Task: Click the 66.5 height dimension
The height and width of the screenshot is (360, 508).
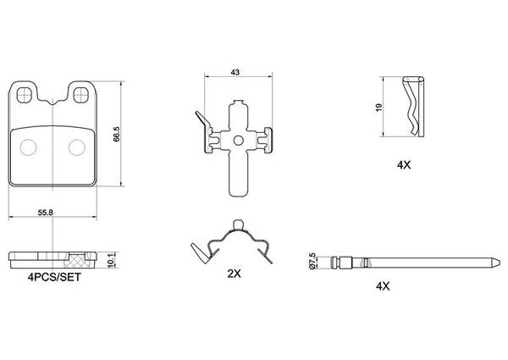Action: pyautogui.click(x=117, y=134)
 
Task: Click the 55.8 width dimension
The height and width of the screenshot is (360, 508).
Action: pyautogui.click(x=46, y=213)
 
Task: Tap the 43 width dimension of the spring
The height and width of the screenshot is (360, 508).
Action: pyautogui.click(x=235, y=72)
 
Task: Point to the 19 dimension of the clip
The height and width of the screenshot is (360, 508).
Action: pyautogui.click(x=379, y=108)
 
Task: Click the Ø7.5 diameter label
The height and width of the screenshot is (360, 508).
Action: pyautogui.click(x=312, y=261)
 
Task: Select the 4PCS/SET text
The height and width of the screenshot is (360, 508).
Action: pyautogui.click(x=54, y=277)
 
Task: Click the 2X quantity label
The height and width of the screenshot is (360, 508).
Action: pyautogui.click(x=234, y=274)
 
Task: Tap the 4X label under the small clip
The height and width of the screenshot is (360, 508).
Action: pyautogui.click(x=404, y=165)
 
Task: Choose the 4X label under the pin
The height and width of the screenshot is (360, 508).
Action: pyautogui.click(x=383, y=286)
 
